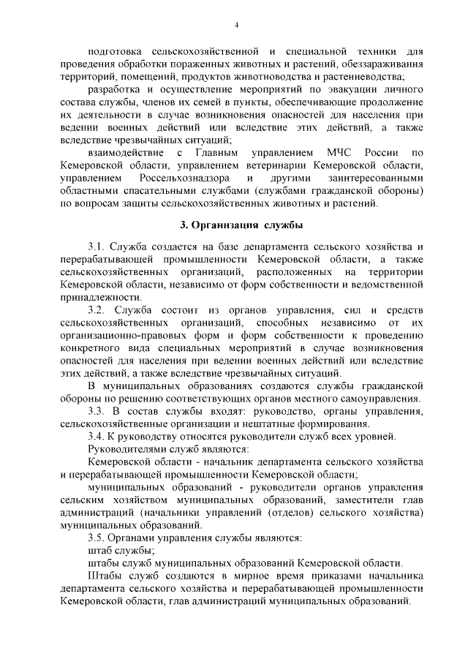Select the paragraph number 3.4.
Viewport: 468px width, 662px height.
pos(97,437)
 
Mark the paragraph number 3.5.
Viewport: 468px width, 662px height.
pos(97,538)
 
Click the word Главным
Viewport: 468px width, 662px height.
pos(216,153)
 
